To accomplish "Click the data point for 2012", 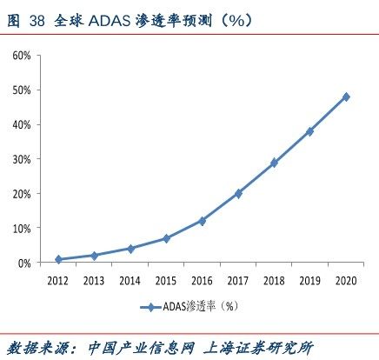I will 58,259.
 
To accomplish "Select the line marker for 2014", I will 130,249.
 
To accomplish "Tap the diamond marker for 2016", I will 203,221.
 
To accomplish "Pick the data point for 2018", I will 274,163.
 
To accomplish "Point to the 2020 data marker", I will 346,97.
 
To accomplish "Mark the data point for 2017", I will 238,193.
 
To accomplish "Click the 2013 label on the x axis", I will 94,280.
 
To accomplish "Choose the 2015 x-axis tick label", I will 166,280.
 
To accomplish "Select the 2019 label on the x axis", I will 310,280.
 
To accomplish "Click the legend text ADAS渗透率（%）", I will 202,306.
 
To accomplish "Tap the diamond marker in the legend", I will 152,306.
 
